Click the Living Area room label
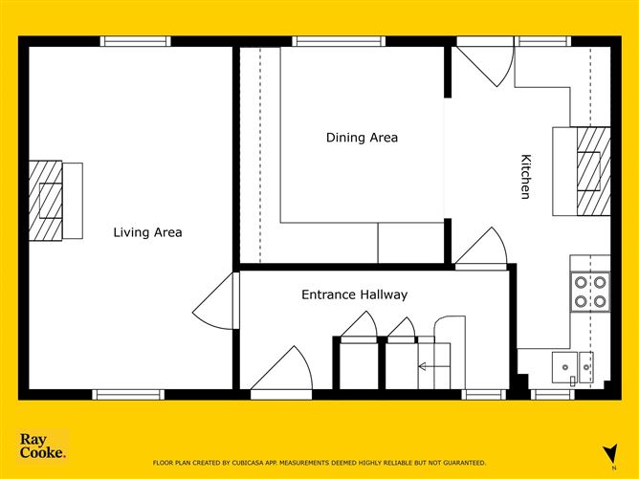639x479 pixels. (x=147, y=232)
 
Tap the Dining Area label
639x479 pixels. (x=362, y=138)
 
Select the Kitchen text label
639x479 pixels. (x=526, y=176)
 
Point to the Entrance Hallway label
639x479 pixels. (x=355, y=294)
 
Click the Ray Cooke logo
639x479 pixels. (x=42, y=446)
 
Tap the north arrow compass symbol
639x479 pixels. (x=611, y=453)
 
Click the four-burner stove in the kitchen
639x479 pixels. (x=590, y=292)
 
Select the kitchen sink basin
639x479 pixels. (x=564, y=367)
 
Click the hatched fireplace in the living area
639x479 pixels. (x=46, y=201)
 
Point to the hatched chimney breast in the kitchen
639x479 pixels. (x=594, y=171)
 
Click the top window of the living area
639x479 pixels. (x=136, y=41)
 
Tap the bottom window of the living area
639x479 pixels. (x=128, y=394)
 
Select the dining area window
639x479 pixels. (x=339, y=41)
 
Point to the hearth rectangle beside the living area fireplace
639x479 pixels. (x=73, y=201)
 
